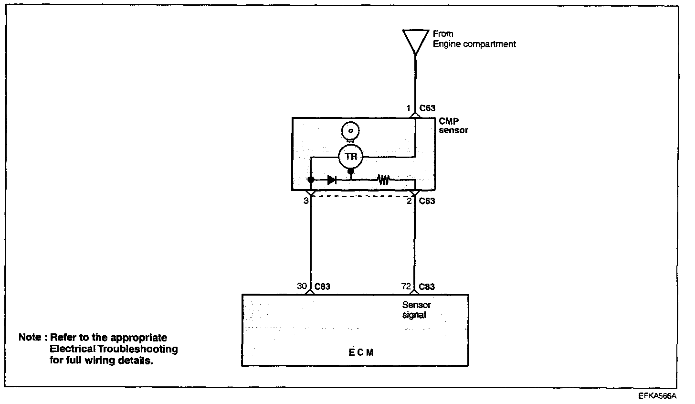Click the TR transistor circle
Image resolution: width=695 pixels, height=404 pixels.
[x=351, y=156]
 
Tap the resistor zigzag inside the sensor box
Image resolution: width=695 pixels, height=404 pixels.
[x=383, y=180]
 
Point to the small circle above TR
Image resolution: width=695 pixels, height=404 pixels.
[x=351, y=130]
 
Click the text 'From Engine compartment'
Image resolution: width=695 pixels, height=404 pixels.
[x=474, y=39]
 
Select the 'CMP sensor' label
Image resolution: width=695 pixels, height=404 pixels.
[x=453, y=126]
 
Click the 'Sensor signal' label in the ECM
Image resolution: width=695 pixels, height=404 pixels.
[x=417, y=310]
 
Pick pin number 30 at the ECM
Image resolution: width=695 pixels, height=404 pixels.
[x=302, y=287]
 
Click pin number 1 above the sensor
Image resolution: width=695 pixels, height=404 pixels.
[x=409, y=108]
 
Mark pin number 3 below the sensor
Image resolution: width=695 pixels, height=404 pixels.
[x=305, y=201]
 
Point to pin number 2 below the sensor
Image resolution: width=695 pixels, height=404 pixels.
[x=409, y=201]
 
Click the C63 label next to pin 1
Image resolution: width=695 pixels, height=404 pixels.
[x=427, y=108]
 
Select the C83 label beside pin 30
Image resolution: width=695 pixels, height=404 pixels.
[x=322, y=287]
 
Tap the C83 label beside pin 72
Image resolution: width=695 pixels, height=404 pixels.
[x=427, y=287]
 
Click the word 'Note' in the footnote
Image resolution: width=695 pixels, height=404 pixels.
[x=30, y=337]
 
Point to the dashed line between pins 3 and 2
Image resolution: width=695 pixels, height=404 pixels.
[x=363, y=195]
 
